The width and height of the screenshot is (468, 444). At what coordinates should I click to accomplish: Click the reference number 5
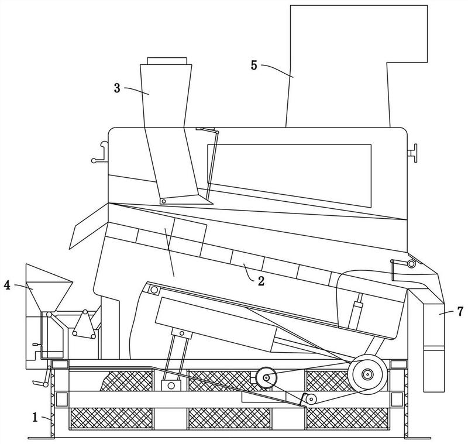[254, 65]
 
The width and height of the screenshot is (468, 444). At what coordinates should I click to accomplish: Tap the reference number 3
[117, 88]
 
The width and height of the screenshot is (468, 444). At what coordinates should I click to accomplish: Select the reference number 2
[261, 281]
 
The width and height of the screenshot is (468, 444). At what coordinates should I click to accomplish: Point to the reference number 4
[7, 285]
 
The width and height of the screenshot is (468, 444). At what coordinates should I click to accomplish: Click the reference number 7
[460, 312]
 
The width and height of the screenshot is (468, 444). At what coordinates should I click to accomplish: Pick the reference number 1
[35, 417]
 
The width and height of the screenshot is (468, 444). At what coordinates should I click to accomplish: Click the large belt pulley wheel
[367, 374]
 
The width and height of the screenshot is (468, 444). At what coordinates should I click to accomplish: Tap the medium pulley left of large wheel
[266, 378]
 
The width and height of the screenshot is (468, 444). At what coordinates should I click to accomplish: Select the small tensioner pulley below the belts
[311, 398]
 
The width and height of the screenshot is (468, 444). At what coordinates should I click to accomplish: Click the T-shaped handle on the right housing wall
[412, 153]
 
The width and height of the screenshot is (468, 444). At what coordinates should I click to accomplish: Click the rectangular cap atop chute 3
[167, 61]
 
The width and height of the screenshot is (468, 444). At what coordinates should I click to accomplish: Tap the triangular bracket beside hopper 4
[84, 325]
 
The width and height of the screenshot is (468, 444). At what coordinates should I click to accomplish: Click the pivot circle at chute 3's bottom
[164, 201]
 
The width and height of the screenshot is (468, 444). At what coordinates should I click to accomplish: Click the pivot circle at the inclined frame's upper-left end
[154, 290]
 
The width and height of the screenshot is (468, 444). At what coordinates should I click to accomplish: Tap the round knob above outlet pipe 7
[411, 264]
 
